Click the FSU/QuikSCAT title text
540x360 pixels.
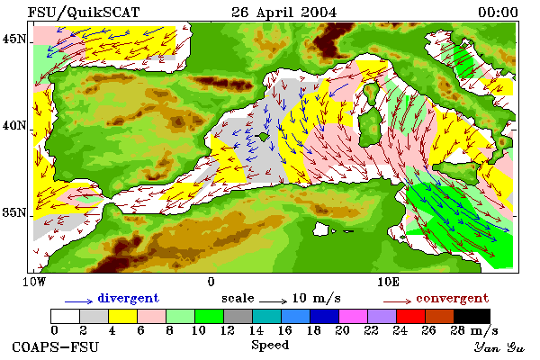point(84,13)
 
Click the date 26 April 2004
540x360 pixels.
point(283,13)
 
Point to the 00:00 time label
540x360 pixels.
point(498,13)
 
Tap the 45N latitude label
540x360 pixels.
point(14,40)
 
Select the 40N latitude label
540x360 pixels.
point(14,125)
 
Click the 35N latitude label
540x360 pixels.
point(14,212)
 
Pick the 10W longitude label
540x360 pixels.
point(34,282)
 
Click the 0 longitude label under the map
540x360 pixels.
point(211,282)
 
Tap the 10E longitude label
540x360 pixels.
point(388,282)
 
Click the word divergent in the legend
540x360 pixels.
point(128,298)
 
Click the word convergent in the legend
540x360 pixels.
point(452,298)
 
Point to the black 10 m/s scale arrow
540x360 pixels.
point(273,301)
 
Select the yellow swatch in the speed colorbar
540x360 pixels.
point(123,316)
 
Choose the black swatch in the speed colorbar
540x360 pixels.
point(472,316)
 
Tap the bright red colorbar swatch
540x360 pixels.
point(410,316)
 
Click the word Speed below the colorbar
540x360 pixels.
point(270,346)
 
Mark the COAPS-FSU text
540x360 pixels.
point(56,346)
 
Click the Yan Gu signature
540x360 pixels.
point(499,347)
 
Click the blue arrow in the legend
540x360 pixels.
point(78,301)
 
